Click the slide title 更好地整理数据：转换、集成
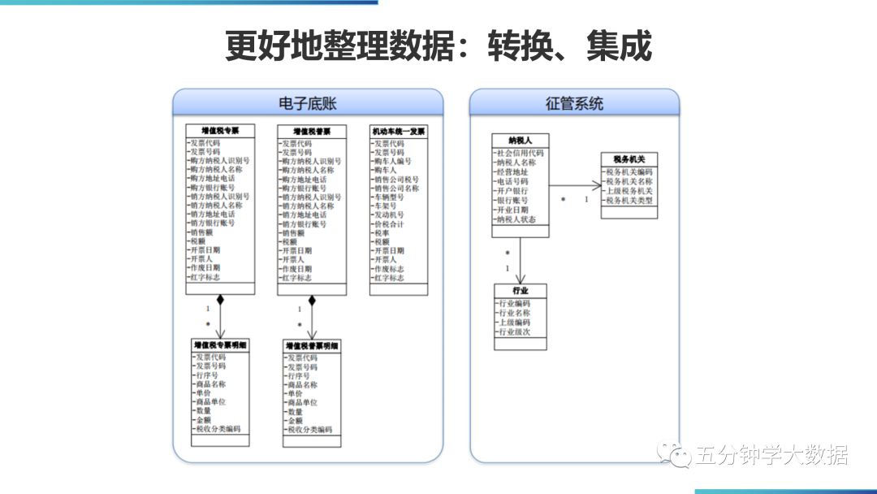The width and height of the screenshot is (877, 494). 438,46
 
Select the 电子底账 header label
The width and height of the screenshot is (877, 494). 308,103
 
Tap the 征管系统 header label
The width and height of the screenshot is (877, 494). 574,103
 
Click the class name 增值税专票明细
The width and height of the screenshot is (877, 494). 221,345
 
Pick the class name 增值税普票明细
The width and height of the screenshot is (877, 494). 313,346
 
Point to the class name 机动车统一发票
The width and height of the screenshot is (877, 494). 399,131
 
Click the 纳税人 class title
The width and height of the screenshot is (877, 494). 521,140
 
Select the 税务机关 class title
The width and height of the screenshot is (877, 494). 629,159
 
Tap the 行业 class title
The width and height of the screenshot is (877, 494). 521,290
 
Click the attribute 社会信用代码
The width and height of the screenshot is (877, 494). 521,153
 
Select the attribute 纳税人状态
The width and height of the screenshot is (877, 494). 516,219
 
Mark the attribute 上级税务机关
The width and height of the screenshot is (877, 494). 629,191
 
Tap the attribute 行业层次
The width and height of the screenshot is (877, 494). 514,332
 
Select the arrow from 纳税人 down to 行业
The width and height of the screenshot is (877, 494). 521,260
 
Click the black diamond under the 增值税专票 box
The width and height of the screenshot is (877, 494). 219,300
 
